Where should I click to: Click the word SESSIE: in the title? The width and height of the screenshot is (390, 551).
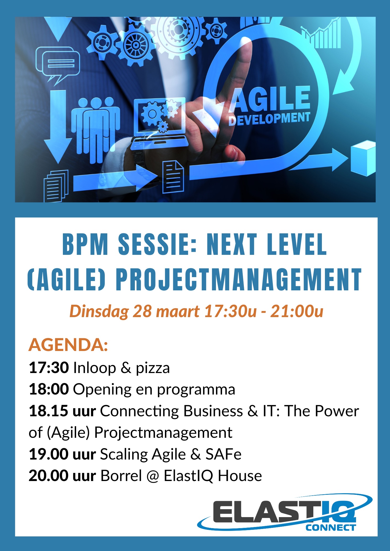click(157, 244)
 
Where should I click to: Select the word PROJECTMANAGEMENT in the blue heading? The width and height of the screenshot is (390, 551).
click(239, 279)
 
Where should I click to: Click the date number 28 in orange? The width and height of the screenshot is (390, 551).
click(142, 311)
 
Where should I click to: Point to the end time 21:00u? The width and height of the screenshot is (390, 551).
click(296, 311)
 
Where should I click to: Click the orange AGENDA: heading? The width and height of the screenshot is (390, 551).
click(68, 345)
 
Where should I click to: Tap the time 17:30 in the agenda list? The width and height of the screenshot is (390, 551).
click(49, 368)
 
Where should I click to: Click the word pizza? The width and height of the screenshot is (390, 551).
click(153, 369)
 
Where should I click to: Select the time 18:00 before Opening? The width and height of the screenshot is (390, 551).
click(49, 389)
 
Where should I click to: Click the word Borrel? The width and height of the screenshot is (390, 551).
click(121, 476)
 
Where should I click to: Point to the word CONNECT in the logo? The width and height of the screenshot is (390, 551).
click(330, 528)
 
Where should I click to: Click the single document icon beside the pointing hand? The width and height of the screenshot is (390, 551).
click(173, 177)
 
